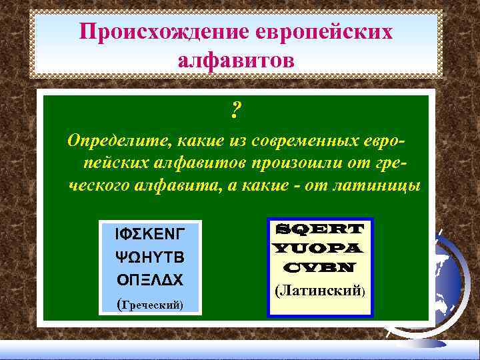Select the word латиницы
click(380, 185)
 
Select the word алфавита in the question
click(179, 185)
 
